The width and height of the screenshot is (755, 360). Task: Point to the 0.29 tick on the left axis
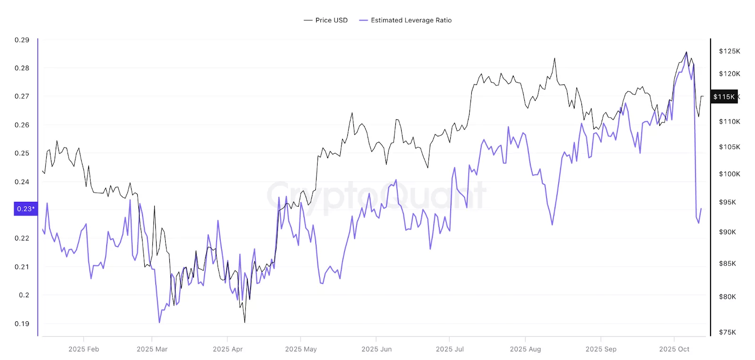tap(22, 40)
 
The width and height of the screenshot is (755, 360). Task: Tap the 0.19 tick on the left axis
tap(22, 324)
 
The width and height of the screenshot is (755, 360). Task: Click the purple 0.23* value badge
tap(25, 209)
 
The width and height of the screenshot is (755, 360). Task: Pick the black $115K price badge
tap(724, 97)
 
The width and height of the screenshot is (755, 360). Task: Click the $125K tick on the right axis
tap(729, 51)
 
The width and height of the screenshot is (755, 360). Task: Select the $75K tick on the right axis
tap(727, 332)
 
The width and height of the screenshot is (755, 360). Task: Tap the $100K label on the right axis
tap(729, 174)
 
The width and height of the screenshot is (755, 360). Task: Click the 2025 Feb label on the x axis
tap(84, 349)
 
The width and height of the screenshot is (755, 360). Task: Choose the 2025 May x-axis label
tap(301, 349)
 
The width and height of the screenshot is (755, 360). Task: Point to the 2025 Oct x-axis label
tap(674, 349)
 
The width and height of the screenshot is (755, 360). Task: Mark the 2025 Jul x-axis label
tap(449, 349)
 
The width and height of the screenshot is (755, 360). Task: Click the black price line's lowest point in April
tap(244, 322)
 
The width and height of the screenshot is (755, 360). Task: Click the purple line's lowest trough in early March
tap(159, 322)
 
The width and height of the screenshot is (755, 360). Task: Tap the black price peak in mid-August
tap(554, 59)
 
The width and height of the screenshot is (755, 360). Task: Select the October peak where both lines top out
tap(686, 52)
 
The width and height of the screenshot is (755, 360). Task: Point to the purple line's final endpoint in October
tap(701, 209)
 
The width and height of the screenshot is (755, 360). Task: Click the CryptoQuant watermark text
tap(376, 195)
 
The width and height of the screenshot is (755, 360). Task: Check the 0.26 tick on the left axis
tap(22, 125)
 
